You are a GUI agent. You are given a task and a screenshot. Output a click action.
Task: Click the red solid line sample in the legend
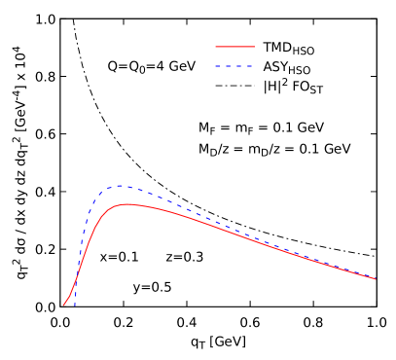[234, 47]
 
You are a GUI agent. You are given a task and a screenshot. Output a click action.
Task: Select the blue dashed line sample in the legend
[234, 66]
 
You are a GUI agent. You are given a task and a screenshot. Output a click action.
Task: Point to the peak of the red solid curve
[126, 204]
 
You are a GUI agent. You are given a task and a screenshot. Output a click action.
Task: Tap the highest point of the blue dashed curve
[119, 186]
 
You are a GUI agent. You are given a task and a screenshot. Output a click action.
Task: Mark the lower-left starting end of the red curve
[64, 305]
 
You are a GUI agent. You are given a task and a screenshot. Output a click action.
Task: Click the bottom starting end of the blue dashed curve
[74, 305]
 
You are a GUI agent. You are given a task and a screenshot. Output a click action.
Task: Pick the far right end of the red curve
[376, 279]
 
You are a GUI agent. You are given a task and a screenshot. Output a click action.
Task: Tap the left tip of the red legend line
[216, 47]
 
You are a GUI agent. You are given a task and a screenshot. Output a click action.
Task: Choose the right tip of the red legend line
[254, 47]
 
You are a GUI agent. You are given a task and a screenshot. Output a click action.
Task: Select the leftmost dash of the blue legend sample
[219, 66]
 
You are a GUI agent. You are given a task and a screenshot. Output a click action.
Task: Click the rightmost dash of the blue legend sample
[250, 66]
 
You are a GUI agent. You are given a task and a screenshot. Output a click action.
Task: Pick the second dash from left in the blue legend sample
[230, 66]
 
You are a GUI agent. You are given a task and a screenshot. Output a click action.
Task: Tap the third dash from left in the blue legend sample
[240, 66]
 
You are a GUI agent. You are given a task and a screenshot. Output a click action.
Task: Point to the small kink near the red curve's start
[70, 295]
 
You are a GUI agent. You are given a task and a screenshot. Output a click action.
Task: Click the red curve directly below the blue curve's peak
[119, 205]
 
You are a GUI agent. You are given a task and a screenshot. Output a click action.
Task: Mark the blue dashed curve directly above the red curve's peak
[126, 187]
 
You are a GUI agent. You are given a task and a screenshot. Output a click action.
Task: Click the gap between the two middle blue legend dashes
[234, 66]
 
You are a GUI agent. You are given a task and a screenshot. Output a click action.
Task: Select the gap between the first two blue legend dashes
[224, 66]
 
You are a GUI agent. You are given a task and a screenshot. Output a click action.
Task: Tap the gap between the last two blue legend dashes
[245, 66]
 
